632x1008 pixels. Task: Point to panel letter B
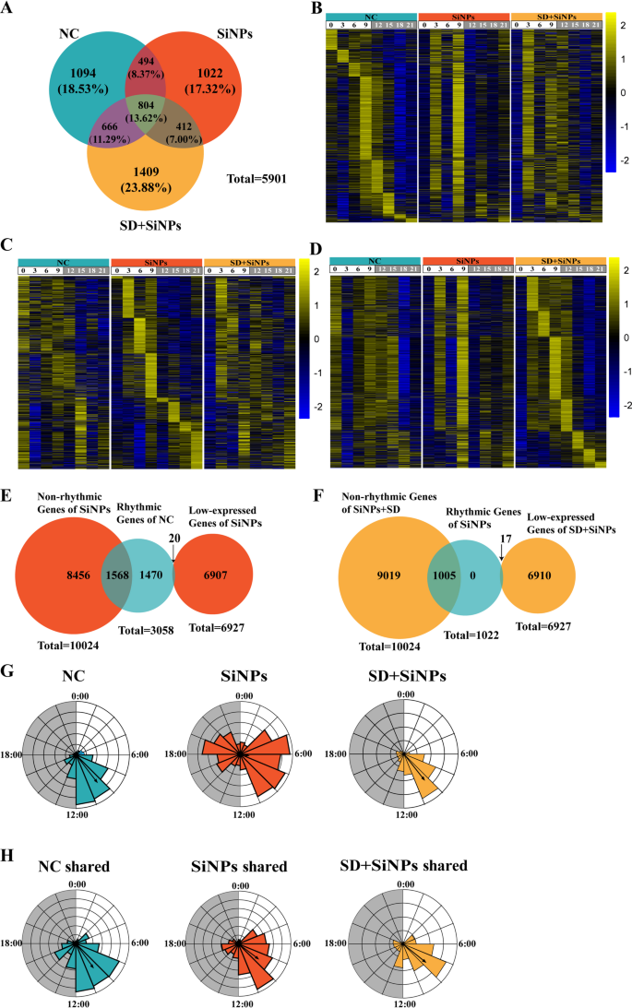pos(317,9)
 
